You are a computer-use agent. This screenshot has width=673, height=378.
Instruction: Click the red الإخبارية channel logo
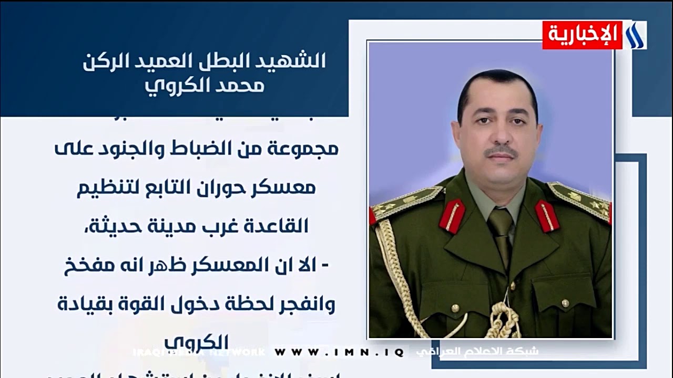coord(582,35)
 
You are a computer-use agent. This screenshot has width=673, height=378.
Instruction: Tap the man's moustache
coord(501,151)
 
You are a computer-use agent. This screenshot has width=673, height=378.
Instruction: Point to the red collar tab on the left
coord(452,215)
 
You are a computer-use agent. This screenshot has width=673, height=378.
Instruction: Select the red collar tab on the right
coord(547,216)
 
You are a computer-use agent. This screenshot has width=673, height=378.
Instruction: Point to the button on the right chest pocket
coord(565,303)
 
